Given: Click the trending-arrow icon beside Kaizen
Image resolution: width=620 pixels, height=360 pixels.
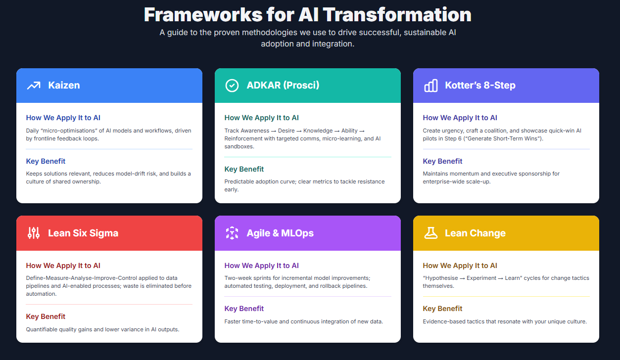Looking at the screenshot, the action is click(x=34, y=86).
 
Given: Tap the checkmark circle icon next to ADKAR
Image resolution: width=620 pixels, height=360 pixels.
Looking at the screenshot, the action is click(x=232, y=86).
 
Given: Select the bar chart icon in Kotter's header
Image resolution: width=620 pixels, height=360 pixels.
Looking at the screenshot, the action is click(x=430, y=86).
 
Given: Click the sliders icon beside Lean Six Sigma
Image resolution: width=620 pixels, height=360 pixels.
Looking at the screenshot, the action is click(x=34, y=233).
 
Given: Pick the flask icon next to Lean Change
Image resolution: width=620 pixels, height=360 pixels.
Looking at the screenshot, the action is click(x=430, y=233).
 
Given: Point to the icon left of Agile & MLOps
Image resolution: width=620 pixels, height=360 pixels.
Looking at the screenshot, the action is click(x=232, y=233).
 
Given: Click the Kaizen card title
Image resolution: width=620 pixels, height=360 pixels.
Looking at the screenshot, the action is click(x=64, y=85).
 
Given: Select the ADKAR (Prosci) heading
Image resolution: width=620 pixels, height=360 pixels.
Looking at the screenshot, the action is click(x=283, y=85).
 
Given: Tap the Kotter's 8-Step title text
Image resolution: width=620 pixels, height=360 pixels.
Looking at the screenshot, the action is click(x=480, y=85).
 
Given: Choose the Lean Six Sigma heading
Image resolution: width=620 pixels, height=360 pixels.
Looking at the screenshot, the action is click(x=83, y=233).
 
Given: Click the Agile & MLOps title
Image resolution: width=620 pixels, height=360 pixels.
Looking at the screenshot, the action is click(x=280, y=233).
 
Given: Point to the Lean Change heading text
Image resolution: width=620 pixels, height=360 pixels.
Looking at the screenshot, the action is click(x=475, y=233).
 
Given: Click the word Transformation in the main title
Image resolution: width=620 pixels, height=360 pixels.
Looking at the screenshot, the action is click(x=397, y=15).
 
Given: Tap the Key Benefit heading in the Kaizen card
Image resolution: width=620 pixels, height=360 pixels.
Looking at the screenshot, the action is click(x=46, y=161).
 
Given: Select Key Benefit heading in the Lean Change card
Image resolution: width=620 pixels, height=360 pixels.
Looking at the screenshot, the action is click(x=442, y=309).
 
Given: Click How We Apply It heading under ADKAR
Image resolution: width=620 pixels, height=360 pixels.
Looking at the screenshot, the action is click(x=262, y=118).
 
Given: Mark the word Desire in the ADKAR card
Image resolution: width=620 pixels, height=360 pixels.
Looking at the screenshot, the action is click(x=286, y=131).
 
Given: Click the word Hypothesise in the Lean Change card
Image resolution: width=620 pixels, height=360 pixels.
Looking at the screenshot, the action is click(x=441, y=278).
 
